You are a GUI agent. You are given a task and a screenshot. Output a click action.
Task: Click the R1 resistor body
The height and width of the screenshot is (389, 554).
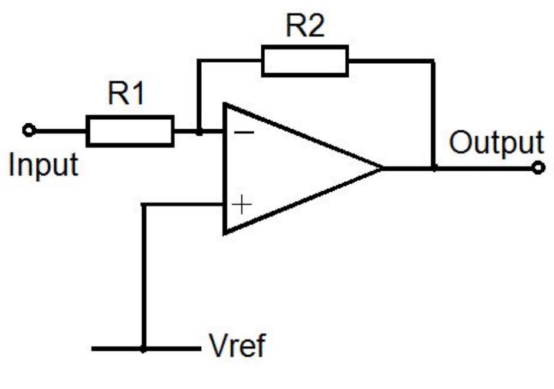[x=130, y=131]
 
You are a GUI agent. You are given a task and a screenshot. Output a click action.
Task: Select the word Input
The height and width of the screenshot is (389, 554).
[x=42, y=165]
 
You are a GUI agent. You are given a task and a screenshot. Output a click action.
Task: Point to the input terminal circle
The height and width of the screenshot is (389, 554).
[x=27, y=130]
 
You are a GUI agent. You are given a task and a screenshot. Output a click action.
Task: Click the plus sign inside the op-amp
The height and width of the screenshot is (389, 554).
[x=242, y=205]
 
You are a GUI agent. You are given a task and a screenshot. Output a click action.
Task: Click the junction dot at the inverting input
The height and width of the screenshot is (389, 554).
[x=199, y=132]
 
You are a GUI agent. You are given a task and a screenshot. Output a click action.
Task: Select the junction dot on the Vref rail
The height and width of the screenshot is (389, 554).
[x=143, y=348]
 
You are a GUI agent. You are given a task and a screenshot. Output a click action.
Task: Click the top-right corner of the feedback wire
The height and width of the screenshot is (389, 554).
[x=434, y=61]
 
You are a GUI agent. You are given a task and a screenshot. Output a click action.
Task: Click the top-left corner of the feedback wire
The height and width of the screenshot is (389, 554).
[x=199, y=61]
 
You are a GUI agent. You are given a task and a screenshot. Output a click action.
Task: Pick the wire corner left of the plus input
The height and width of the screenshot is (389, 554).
[x=143, y=205]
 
